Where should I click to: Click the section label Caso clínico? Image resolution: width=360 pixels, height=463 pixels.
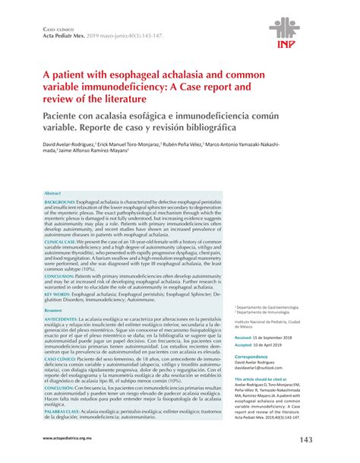47,27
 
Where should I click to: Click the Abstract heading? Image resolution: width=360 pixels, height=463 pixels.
52,194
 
